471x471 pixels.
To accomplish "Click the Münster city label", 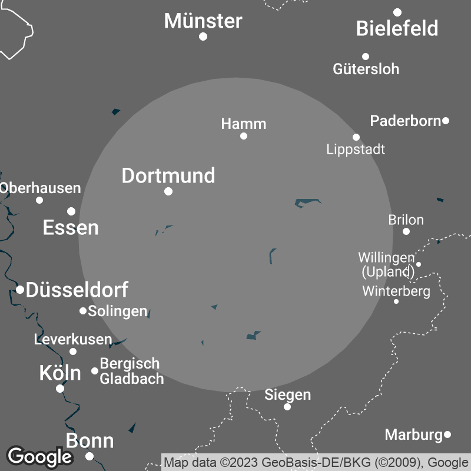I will point(203,21).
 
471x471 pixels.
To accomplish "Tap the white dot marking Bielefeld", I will point(397,12).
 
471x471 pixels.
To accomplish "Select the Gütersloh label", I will point(366,69).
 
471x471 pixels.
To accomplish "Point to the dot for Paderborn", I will point(446,121).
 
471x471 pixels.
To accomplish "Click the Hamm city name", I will point(244,124).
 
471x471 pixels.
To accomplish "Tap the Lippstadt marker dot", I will point(356,137).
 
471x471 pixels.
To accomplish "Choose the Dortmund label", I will point(168,175).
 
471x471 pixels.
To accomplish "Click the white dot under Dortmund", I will point(168,191).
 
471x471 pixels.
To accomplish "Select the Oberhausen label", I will point(41,188).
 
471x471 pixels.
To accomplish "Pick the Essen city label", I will point(71,228).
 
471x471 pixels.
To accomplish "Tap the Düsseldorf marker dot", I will point(20,289).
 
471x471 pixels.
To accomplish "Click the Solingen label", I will point(117,311).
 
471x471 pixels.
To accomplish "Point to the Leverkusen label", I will point(73,339).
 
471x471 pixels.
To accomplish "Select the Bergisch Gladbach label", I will point(131,371).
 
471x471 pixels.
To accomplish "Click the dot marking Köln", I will point(60,389).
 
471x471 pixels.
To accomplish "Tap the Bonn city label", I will point(89,441).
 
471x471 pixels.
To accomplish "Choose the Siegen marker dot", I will point(287,407).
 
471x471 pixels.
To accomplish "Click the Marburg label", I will point(413,434).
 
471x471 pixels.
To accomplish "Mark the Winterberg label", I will point(396,291).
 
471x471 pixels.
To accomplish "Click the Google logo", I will point(39,456).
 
